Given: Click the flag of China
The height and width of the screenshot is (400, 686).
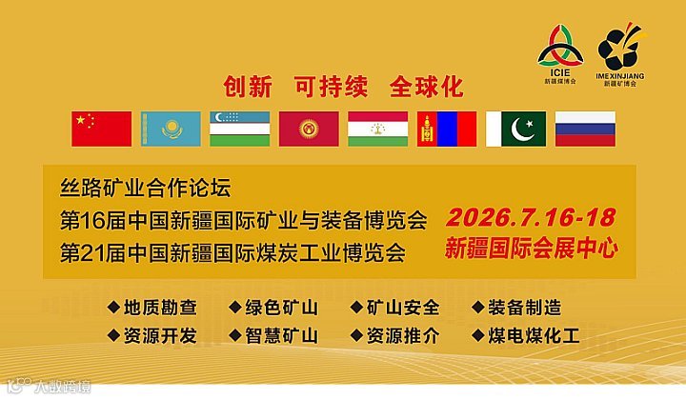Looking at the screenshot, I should click(x=102, y=129).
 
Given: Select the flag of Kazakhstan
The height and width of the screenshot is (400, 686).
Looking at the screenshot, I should click(x=171, y=129).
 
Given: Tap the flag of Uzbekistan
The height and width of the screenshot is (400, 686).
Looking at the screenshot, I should click(x=239, y=129).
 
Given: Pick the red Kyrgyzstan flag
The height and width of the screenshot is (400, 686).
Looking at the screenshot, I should click(x=309, y=129).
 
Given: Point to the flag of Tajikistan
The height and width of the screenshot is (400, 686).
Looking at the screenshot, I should click(x=377, y=129).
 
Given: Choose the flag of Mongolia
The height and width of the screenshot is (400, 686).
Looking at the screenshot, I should click(x=446, y=129).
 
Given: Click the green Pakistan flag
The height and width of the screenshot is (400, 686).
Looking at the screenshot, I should click(x=515, y=129).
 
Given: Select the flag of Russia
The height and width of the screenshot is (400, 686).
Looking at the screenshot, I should click(x=585, y=129).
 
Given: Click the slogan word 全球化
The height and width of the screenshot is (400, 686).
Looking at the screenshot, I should click(x=427, y=88).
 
